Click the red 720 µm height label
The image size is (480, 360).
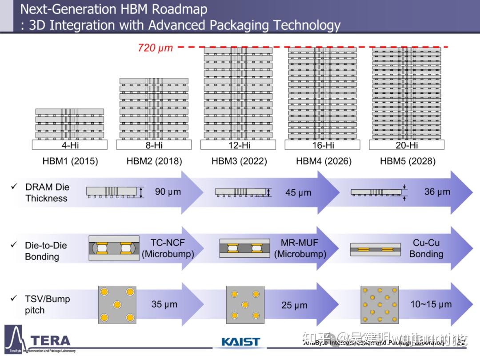click(x=155, y=48)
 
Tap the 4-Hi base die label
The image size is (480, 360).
click(x=70, y=145)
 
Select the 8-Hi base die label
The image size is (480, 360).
click(x=154, y=145)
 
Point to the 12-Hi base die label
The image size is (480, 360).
click(x=238, y=145)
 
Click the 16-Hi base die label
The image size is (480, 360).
click(x=323, y=145)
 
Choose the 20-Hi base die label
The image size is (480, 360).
click(x=407, y=145)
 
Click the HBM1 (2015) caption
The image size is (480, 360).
click(x=70, y=161)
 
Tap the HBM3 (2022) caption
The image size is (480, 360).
click(x=239, y=161)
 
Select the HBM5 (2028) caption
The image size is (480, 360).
click(x=408, y=161)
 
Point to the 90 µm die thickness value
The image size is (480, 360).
click(x=168, y=192)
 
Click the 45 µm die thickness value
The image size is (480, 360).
click(x=298, y=193)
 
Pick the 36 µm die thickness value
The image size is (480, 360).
click(x=437, y=192)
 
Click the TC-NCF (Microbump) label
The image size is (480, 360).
click(x=168, y=248)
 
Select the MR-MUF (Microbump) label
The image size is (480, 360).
click(x=300, y=248)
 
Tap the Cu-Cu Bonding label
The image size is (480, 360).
click(x=426, y=248)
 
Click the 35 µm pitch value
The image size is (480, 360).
click(x=164, y=304)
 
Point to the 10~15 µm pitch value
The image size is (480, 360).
click(x=431, y=304)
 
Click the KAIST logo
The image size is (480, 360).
click(x=240, y=342)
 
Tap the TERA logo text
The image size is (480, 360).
click(x=50, y=341)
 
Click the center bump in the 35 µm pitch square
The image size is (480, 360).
click(x=117, y=305)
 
